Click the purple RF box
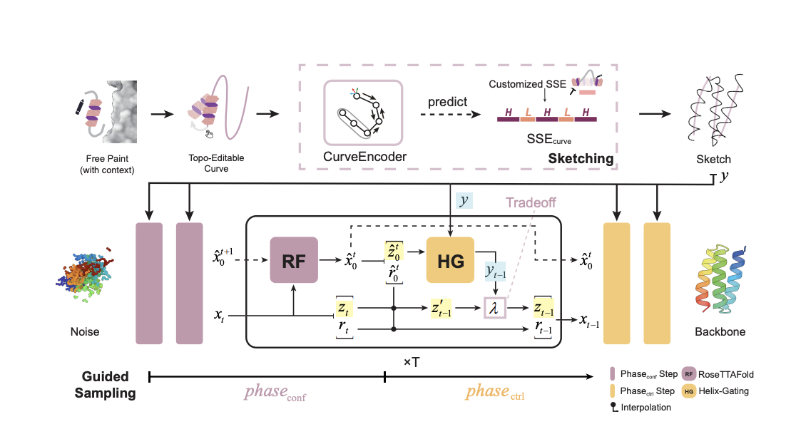pyautogui.click(x=294, y=260)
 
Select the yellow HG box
pyautogui.click(x=450, y=260)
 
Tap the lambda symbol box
pyautogui.click(x=494, y=308)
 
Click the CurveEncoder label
pyautogui.click(x=364, y=157)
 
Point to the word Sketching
pyautogui.click(x=581, y=159)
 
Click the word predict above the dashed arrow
pyautogui.click(x=447, y=102)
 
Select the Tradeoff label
pyautogui.click(x=531, y=202)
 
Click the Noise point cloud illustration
pyautogui.click(x=84, y=274)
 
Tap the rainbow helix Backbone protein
pyautogui.click(x=720, y=279)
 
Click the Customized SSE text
pyautogui.click(x=527, y=84)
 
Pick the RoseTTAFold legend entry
pyautogui.click(x=718, y=374)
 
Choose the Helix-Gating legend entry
pyautogui.click(x=715, y=391)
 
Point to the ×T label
pyautogui.click(x=412, y=361)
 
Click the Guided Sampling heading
pyautogui.click(x=106, y=384)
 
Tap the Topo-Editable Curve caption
pyautogui.click(x=216, y=163)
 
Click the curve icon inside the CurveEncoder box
pyautogui.click(x=362, y=113)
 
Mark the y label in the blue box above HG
pyautogui.click(x=464, y=201)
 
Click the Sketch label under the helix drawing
pyautogui.click(x=713, y=159)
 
